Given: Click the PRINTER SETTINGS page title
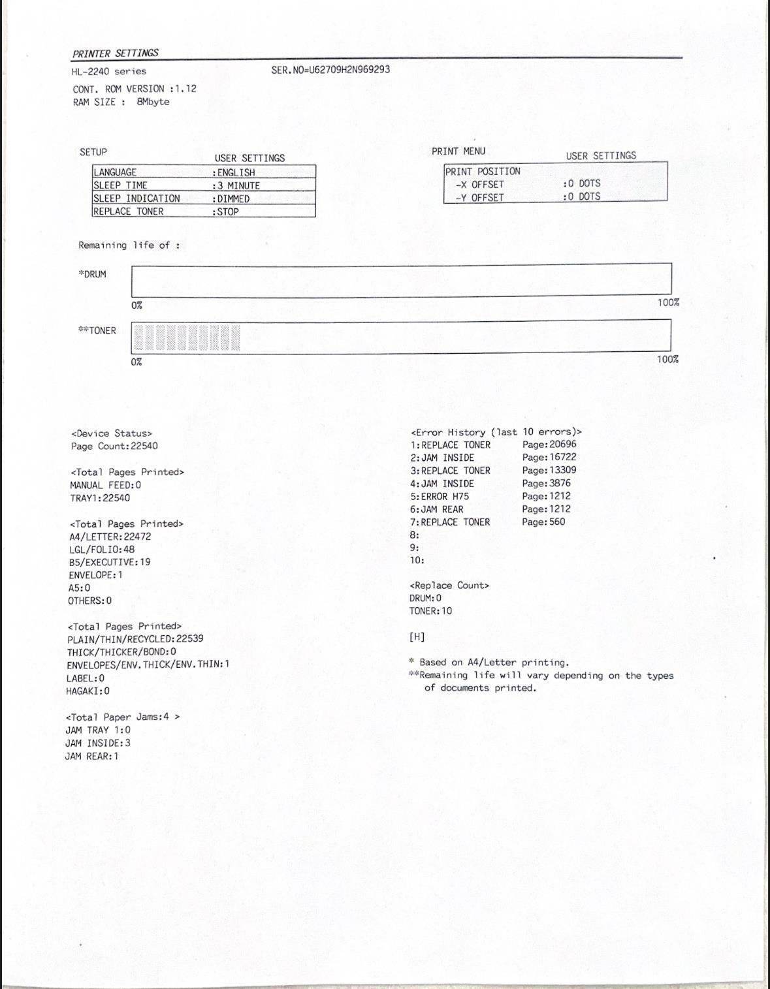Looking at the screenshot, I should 116,53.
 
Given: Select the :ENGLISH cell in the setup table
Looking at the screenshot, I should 234,172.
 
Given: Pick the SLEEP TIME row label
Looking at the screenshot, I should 121,185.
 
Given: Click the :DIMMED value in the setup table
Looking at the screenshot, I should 231,198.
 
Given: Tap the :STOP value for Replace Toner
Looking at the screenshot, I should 226,212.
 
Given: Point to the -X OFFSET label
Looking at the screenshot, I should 480,184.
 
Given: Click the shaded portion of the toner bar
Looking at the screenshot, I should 187,338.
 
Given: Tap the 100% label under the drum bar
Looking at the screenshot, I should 668,302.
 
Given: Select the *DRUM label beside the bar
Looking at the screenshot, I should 92,274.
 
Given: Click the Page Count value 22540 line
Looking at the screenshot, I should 114,446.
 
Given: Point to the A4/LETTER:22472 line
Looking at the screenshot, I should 110,536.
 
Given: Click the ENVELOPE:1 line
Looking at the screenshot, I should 95,574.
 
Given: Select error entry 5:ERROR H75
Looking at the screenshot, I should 440,496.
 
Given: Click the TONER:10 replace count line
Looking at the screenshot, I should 430,611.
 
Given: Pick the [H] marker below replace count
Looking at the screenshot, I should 417,636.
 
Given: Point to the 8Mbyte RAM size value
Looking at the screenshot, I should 153,102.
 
